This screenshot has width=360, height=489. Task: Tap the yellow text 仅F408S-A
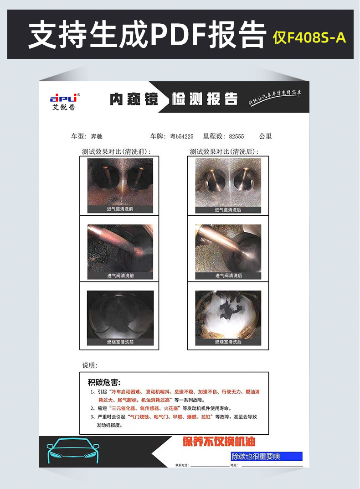309,37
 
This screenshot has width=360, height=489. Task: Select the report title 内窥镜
134,99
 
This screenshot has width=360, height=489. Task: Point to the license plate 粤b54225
182,136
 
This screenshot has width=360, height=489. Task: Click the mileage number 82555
237,136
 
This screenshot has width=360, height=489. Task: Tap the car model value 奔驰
97,136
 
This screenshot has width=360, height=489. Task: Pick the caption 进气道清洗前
120,209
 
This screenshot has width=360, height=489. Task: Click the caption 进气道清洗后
228,210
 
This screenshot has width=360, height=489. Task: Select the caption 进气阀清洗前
120,276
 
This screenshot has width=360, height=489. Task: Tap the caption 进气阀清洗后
228,276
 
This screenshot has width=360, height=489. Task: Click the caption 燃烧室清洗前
120,342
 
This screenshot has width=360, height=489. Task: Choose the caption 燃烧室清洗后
228,342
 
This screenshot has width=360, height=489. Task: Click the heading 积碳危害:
104,382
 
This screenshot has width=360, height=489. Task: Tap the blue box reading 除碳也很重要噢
267,456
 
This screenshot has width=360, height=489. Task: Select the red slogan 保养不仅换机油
219,442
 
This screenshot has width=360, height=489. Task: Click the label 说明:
90,365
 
